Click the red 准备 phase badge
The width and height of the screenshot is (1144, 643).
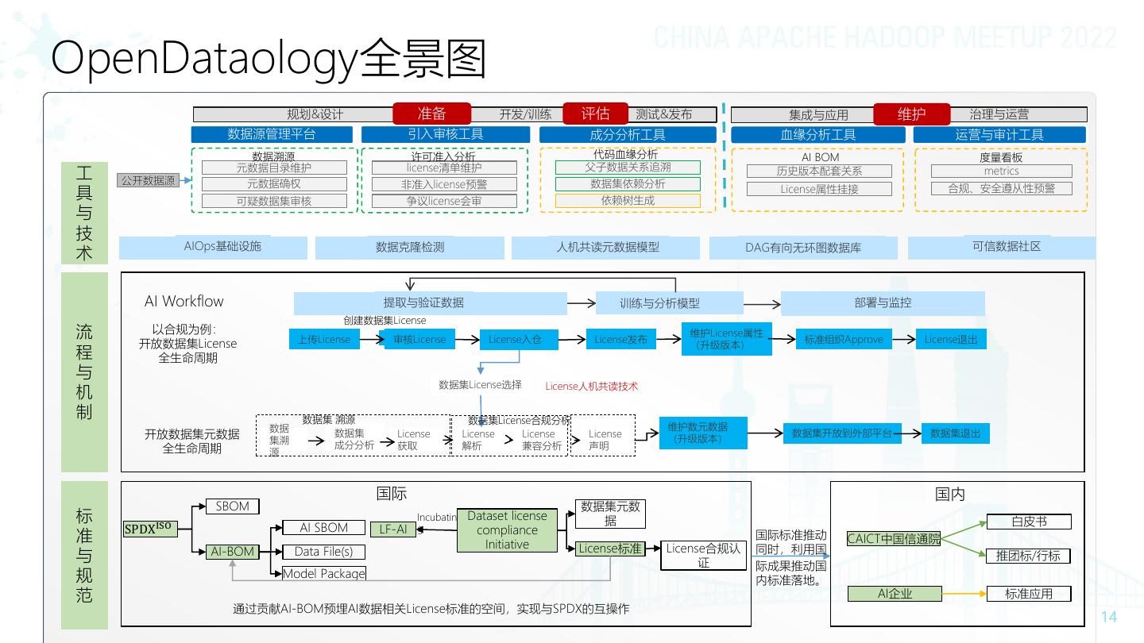pos(432,114)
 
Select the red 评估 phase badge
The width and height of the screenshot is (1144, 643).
pos(596,114)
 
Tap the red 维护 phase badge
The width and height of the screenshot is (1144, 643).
pos(911,114)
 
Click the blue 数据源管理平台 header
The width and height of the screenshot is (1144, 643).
pos(272,134)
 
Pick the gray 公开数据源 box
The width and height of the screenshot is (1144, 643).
pos(149,181)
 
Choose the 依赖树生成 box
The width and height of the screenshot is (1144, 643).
pos(628,201)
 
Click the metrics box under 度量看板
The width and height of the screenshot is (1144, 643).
pos(1001,171)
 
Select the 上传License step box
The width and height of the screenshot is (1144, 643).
pos(324,340)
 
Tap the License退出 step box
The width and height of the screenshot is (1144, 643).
pos(951,340)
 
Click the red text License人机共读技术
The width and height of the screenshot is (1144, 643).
pos(591,387)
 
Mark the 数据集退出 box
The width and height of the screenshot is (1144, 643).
pos(956,433)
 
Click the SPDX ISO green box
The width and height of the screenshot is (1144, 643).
pos(148,528)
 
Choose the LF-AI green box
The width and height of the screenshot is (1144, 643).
pos(393,529)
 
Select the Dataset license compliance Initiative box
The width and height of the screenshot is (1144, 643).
pos(507,530)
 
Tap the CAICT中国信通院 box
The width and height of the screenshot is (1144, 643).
pos(894,539)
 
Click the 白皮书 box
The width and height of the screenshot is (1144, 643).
pos(1029,522)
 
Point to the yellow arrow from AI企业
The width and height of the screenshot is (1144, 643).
pos(964,594)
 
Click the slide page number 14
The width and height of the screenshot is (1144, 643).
pos(1109,617)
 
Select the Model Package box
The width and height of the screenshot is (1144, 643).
pos(324,573)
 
